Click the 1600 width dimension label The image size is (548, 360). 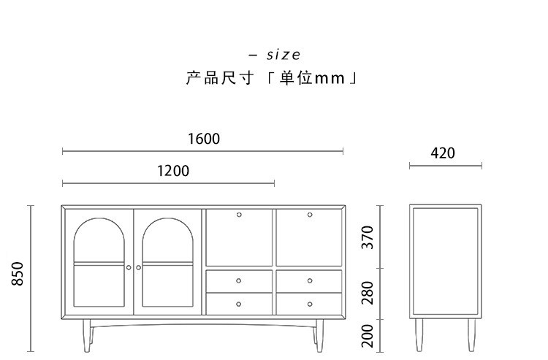(203, 139)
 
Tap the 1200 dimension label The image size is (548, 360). (173, 171)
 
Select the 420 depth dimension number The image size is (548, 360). (443, 153)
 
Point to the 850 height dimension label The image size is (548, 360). (19, 274)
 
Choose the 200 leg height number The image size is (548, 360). (368, 336)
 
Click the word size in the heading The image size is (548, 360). (283, 55)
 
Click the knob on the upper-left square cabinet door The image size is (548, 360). (239, 215)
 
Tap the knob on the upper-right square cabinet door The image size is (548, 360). (309, 215)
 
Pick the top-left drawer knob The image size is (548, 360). (239, 280)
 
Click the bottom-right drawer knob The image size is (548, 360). (309, 303)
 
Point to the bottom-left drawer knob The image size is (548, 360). (239, 303)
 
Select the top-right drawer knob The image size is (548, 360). (309, 280)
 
